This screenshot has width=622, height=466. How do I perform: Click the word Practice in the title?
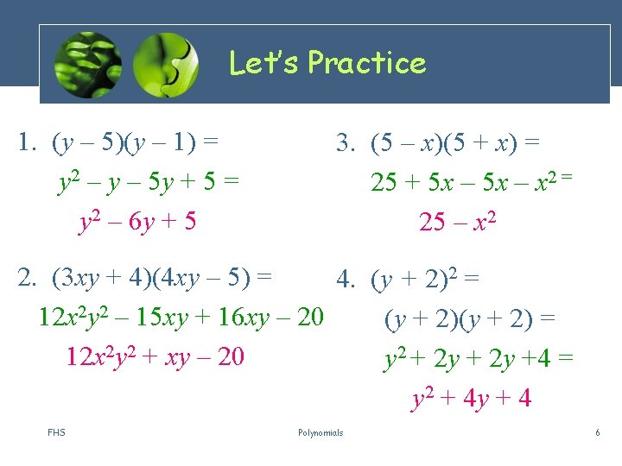point(367,63)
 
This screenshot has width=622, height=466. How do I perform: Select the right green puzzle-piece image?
point(166,65)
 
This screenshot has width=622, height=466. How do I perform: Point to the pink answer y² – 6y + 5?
point(137,222)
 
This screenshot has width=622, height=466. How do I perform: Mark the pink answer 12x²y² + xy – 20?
point(155,356)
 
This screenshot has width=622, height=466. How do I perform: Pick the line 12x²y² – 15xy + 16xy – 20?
point(181,318)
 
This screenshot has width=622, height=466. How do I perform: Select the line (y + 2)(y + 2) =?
point(470,319)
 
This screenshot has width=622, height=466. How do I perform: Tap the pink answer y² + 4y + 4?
point(471,398)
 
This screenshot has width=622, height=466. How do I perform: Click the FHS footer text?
point(57,432)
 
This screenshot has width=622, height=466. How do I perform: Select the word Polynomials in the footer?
point(320,432)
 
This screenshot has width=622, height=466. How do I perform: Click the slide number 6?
point(597,432)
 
